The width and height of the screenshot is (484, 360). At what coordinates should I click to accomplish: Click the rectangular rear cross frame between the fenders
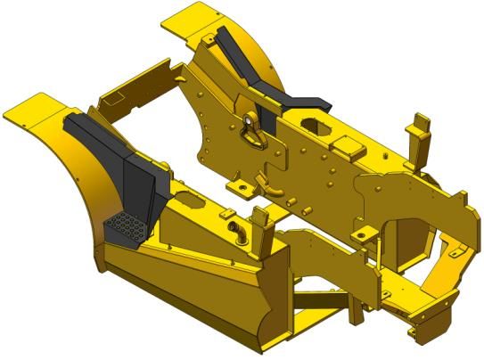pyautogui.click(x=134, y=98)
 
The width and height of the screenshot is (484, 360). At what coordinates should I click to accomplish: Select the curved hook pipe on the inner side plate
pyautogui.click(x=265, y=185)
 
